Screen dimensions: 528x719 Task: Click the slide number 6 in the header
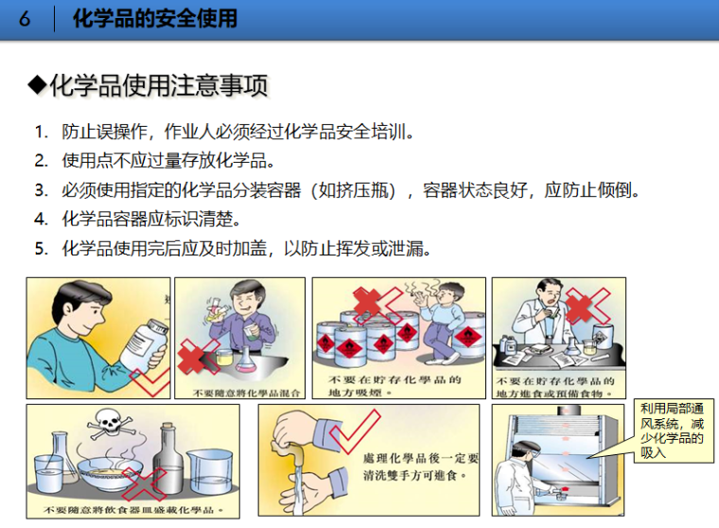[26, 19]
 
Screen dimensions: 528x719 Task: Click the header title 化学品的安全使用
[154, 19]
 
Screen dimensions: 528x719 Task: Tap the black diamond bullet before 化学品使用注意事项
[37, 86]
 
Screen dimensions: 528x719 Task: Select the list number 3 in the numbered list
[41, 190]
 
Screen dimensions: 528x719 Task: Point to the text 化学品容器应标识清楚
[150, 220]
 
